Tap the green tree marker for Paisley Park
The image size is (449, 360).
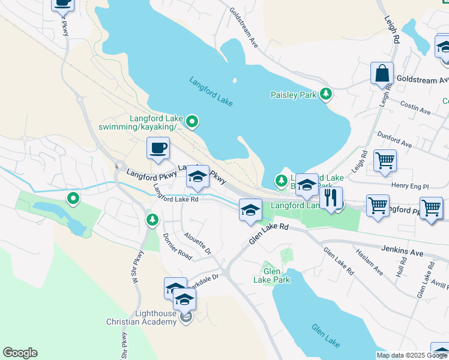click(x=326, y=94)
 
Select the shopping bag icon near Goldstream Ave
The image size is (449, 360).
click(x=382, y=74)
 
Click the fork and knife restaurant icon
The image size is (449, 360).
click(x=331, y=198)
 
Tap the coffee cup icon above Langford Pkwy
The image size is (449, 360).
click(x=158, y=148)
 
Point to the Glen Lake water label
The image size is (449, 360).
click(x=326, y=335)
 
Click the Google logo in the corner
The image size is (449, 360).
click(x=20, y=353)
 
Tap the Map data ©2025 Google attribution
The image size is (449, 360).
click(x=412, y=355)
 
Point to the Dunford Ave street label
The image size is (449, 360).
click(x=394, y=140)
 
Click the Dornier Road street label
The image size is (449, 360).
click(x=177, y=247)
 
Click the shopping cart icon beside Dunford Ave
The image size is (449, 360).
click(x=385, y=160)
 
